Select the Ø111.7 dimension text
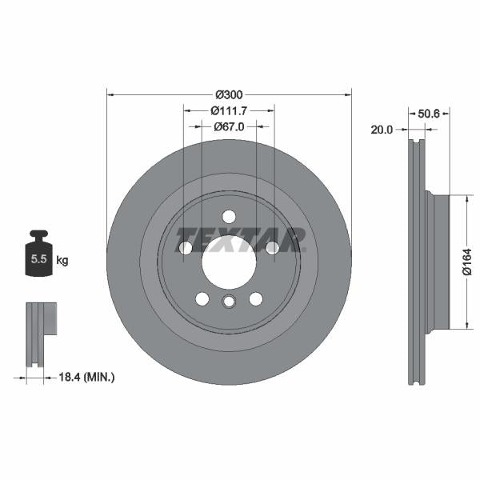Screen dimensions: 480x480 pos(229,110)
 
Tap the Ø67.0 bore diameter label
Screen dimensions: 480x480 pos(229,126)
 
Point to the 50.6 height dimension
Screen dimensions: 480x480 pos(430,114)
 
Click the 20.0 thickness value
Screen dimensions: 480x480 pos(382,130)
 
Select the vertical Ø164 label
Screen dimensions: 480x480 pos(467,262)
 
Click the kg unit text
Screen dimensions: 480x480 pos(62,260)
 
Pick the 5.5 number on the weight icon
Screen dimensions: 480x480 pos(38,260)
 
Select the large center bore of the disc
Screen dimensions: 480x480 pos(229,262)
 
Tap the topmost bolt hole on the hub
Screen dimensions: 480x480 pos(229,217)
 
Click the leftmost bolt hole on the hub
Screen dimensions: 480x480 pos(186,248)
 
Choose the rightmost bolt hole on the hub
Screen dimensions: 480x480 pos(272,248)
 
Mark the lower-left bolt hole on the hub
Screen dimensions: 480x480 pos(202,298)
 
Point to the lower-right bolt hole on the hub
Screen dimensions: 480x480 pos(255,298)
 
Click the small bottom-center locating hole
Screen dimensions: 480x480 pos(229,302)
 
